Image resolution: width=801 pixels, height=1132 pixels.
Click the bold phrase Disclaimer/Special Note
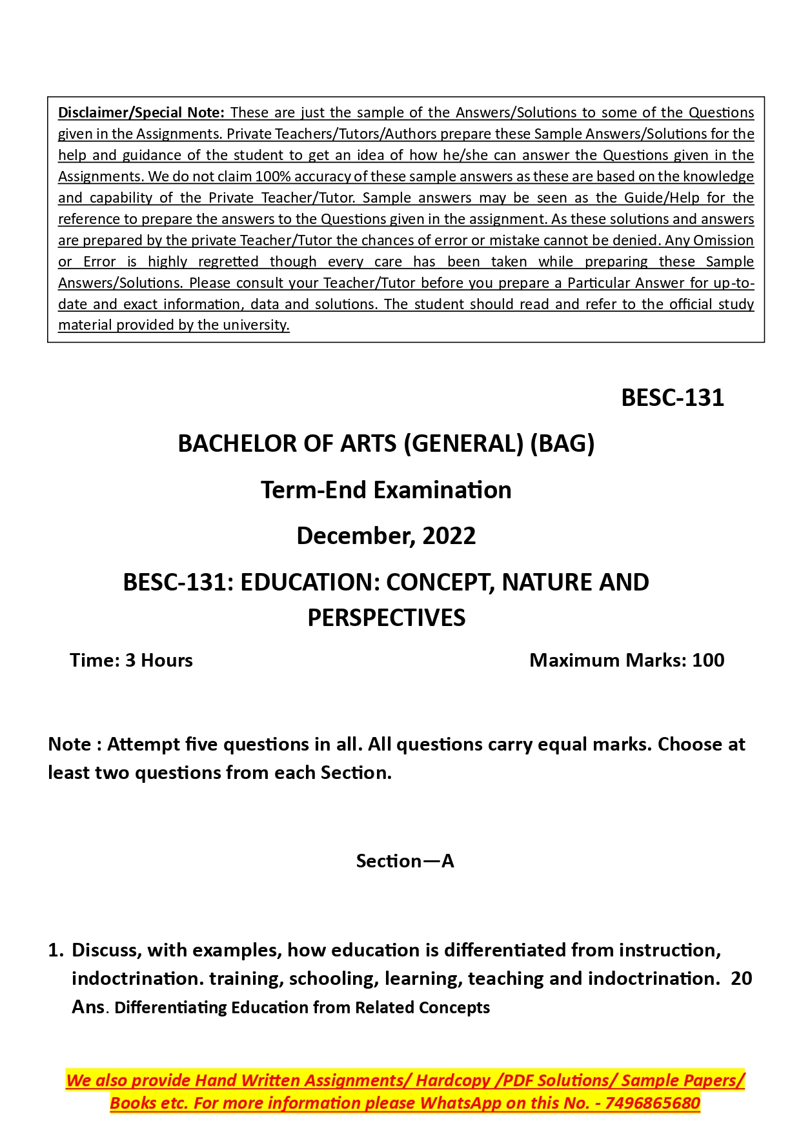coord(141,113)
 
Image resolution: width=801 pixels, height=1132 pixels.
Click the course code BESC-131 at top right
coord(672,398)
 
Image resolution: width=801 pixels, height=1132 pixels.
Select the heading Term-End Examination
coord(386,490)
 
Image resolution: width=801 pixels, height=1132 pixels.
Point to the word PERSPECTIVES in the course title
coord(386,618)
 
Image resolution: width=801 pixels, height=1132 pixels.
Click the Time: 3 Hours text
coord(131,660)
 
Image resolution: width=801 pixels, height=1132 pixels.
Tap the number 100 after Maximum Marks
coord(708,660)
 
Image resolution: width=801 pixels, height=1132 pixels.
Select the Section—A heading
coord(405,861)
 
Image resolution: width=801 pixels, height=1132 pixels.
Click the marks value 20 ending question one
coord(741,978)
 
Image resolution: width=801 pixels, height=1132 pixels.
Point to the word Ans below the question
coord(88,1007)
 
